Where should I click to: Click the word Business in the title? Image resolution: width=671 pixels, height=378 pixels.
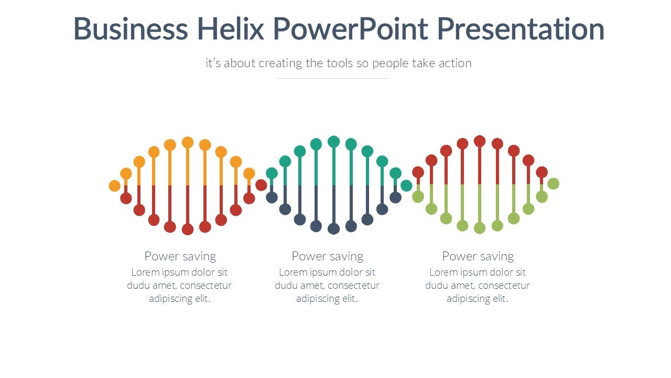pos(130,29)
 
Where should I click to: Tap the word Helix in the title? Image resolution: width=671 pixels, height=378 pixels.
pos(230,29)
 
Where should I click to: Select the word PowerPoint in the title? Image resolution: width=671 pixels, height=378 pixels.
pos(350,29)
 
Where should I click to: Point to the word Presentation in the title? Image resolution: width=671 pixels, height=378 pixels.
pos(521,29)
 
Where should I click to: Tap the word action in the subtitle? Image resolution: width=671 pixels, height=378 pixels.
pos(454,64)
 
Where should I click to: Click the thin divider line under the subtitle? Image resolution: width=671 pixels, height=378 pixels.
pos(332,78)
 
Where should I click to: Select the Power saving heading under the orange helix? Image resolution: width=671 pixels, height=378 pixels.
pos(180,256)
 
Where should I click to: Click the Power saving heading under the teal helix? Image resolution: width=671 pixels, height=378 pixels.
pos(327,256)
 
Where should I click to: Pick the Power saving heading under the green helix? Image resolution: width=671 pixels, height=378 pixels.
pos(478,256)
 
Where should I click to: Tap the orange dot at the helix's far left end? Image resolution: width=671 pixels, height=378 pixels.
pos(114,185)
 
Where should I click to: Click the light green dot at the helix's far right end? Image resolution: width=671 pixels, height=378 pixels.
pos(553,183)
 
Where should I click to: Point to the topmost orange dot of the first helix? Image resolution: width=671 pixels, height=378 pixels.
pos(188,142)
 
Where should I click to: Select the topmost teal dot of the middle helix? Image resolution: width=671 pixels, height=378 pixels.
pos(333,141)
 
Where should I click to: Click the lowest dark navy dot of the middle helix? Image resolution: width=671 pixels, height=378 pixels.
pos(333,228)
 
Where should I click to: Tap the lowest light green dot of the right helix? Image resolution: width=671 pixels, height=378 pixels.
pos(479,228)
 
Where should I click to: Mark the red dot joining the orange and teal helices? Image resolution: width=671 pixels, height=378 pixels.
pos(261,185)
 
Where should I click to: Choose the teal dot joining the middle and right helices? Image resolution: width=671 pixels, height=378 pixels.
pos(406,185)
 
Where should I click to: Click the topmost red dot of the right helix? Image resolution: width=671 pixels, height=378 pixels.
pos(479,141)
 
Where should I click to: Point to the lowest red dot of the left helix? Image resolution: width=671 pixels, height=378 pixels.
pos(188,229)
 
